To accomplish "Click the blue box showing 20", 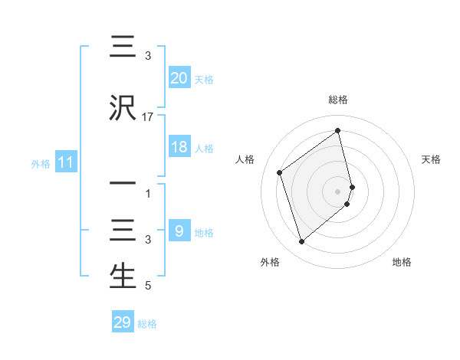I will click(x=179, y=78).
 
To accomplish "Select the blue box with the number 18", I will click(x=179, y=147).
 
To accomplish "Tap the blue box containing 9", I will click(x=179, y=231).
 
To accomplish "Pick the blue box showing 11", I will click(x=65, y=162).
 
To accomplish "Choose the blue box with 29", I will click(x=123, y=322).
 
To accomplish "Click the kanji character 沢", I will click(x=123, y=108).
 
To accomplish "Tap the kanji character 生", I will click(x=123, y=277).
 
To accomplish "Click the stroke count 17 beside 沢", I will click(x=148, y=118).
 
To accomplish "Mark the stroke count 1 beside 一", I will click(x=148, y=195).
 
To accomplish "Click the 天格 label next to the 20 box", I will click(x=204, y=80).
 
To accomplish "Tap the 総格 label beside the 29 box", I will click(x=147, y=324).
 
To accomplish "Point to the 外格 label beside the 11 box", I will click(x=40, y=163).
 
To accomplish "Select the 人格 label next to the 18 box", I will click(x=204, y=149).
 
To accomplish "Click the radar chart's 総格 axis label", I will click(x=338, y=100).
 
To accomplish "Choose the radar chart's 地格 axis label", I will click(x=402, y=263).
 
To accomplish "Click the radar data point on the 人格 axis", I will click(x=280, y=172).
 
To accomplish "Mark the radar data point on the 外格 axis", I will click(x=301, y=242).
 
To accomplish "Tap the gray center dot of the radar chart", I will click(x=338, y=191).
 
